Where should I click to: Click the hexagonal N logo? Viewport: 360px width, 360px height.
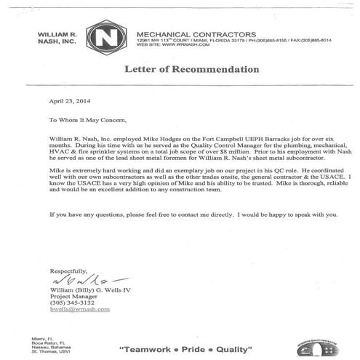pyautogui.click(x=105, y=37)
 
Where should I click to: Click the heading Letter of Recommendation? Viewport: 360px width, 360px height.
pyautogui.click(x=192, y=70)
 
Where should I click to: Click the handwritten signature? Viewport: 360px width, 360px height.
pyautogui.click(x=80, y=279)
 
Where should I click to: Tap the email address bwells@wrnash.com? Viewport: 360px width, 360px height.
pyautogui.click(x=80, y=308)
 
